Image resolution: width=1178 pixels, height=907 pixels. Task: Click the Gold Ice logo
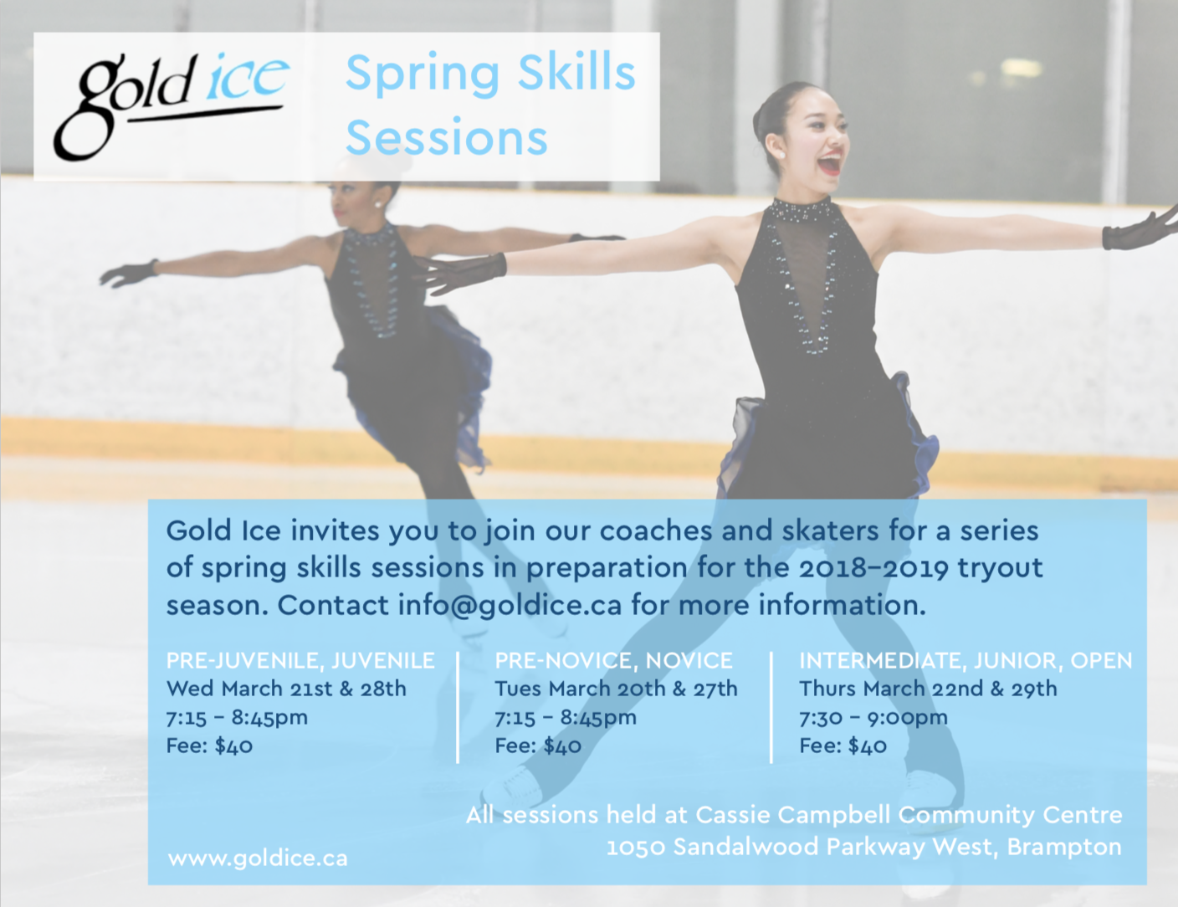click(x=171, y=105)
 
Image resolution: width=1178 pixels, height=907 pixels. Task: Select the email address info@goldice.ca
click(x=510, y=606)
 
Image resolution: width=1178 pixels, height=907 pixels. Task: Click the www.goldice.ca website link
click(x=258, y=858)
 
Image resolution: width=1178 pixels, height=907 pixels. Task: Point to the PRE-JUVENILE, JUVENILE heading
click(x=300, y=661)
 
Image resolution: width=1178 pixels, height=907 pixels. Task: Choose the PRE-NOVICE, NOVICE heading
click(x=613, y=661)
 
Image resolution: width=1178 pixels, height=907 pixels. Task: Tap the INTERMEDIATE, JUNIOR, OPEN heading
click(x=965, y=661)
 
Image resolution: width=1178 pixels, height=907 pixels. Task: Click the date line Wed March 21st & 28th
click(x=286, y=689)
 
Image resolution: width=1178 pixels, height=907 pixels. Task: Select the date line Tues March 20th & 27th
click(x=617, y=689)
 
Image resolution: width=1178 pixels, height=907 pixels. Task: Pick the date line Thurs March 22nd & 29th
click(x=928, y=689)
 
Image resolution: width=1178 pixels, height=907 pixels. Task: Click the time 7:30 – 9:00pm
click(x=873, y=718)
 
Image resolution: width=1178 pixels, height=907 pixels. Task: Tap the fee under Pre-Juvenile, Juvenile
click(x=209, y=746)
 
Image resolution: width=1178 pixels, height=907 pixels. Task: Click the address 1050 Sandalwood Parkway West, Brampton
click(x=863, y=847)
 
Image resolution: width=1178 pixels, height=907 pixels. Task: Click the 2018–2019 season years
click(x=873, y=568)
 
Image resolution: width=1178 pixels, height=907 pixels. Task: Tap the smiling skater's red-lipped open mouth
click(x=830, y=162)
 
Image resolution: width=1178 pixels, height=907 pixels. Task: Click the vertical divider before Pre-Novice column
click(x=458, y=708)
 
